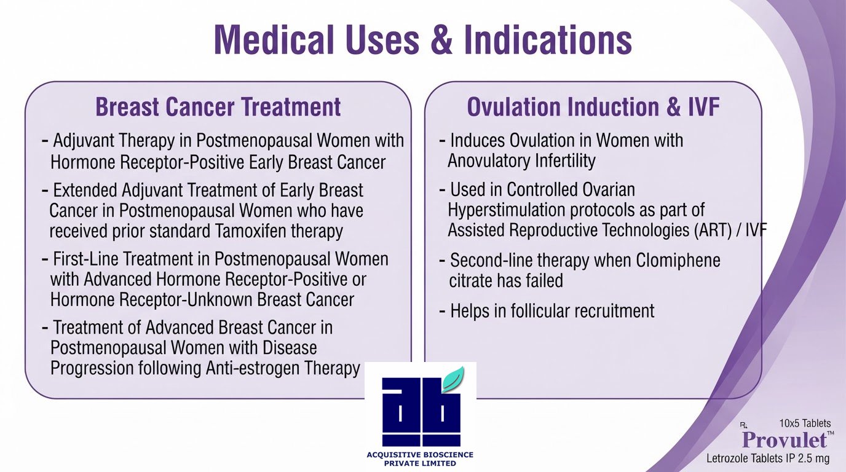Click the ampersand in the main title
[x=441, y=39]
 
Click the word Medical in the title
[x=274, y=39]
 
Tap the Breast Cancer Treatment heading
[x=218, y=107]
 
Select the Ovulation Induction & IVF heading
[x=593, y=107]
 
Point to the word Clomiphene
[x=678, y=260]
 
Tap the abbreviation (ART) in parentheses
[x=713, y=230]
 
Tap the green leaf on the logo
[x=453, y=378]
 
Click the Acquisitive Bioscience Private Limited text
[x=420, y=458]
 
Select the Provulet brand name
[x=785, y=440]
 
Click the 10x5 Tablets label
[x=805, y=423]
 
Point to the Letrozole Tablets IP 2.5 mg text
[x=768, y=458]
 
